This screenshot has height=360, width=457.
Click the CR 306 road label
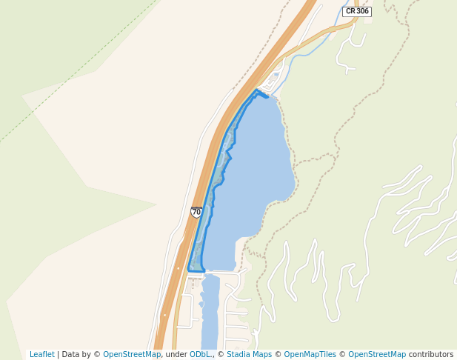tap(358, 11)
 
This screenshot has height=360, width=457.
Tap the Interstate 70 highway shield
tap(196, 212)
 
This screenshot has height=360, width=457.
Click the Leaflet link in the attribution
tap(41, 354)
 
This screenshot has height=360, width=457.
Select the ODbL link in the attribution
tap(201, 354)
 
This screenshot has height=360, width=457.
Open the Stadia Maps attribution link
tap(249, 354)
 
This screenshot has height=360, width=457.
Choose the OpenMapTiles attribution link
tap(310, 354)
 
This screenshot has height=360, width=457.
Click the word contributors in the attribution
tap(430, 354)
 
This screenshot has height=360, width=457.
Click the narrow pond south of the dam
tap(210, 311)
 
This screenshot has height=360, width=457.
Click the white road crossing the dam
tap(197, 273)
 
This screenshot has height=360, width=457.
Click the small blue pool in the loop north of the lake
tap(276, 75)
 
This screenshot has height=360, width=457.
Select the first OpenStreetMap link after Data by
tap(132, 354)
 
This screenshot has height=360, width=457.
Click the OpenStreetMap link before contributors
tap(377, 354)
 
